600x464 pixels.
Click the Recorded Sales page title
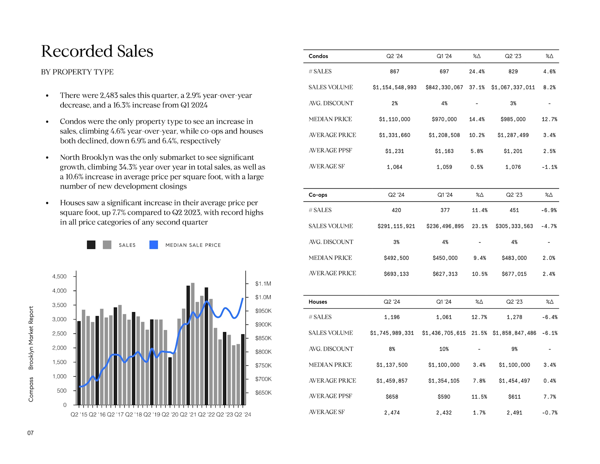point(97,51)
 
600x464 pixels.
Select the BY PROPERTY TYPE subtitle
point(77,72)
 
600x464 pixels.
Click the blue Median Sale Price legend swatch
point(153,245)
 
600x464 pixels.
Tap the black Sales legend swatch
point(91,245)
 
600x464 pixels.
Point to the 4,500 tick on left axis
point(59,276)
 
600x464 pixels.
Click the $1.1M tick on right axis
point(263,284)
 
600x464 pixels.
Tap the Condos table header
point(318,56)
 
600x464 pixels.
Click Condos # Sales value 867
point(394,72)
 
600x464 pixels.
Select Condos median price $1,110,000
point(394,119)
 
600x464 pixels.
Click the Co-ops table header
point(318,195)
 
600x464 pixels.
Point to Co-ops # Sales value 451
point(514,210)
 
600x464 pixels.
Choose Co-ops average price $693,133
point(396,274)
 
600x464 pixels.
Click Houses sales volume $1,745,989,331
point(392,333)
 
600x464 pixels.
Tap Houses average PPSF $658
point(392,397)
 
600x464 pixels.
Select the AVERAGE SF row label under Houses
point(327,412)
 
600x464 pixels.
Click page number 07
point(30,433)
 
